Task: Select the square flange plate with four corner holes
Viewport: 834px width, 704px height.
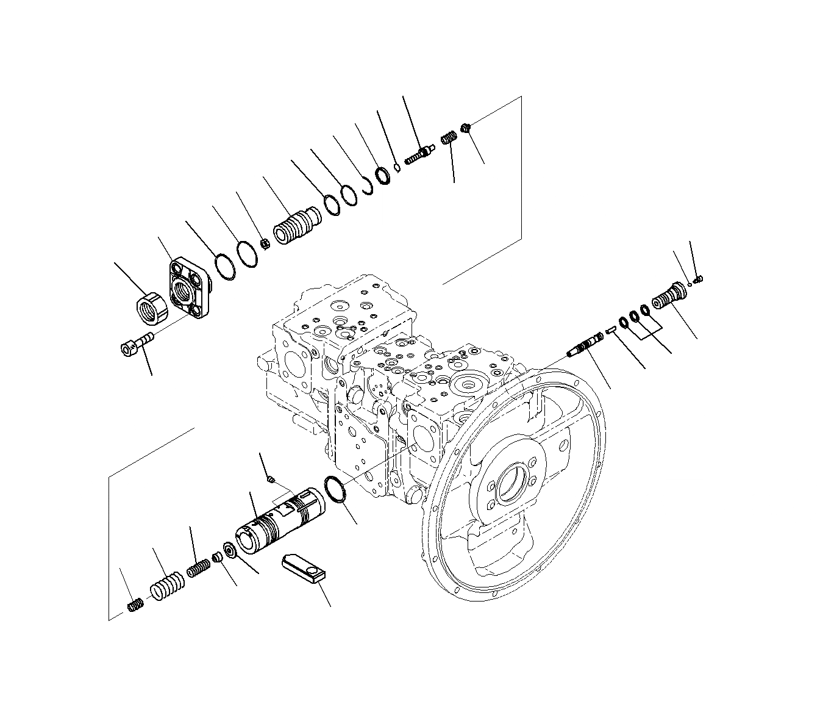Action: pos(190,288)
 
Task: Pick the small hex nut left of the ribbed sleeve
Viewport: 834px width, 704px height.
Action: pos(265,245)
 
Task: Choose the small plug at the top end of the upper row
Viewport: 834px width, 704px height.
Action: pos(468,128)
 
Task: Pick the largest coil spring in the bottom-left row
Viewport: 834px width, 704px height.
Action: pos(166,586)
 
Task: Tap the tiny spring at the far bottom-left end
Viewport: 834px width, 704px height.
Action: pos(135,605)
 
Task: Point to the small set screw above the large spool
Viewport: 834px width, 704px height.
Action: pos(272,480)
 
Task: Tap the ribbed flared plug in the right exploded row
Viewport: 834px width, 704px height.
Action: pos(670,295)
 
